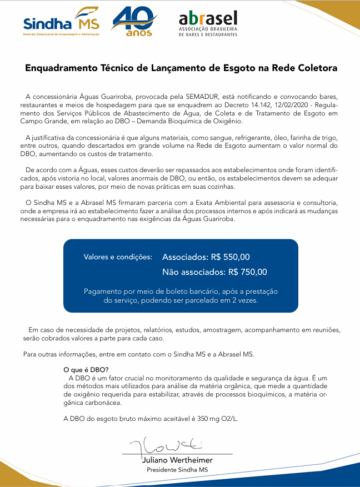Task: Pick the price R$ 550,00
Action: [230, 257]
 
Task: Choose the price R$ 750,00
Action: [247, 272]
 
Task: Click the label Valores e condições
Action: [118, 257]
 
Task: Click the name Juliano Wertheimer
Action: [177, 460]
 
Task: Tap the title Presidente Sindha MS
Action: [177, 470]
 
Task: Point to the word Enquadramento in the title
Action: [61, 68]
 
